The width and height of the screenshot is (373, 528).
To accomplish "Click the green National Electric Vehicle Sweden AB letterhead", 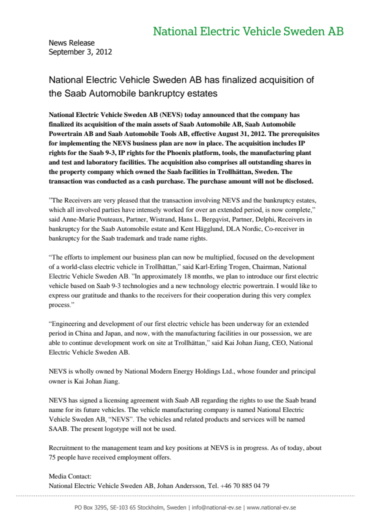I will (248, 32).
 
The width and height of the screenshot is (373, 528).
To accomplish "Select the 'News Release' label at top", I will (71, 43).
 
